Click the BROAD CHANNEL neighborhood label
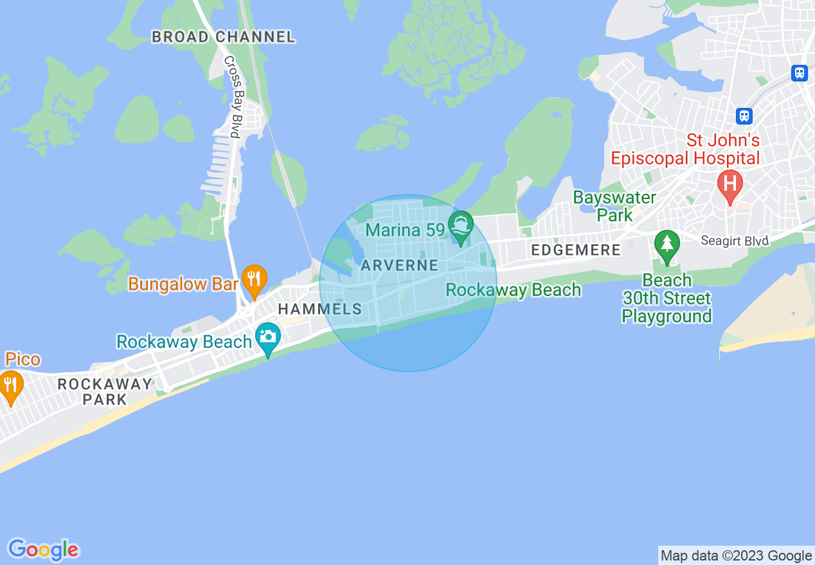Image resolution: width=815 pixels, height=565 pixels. (x=223, y=37)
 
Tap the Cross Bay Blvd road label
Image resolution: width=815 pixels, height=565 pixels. (x=231, y=97)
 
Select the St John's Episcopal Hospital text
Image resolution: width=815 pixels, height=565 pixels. (x=685, y=149)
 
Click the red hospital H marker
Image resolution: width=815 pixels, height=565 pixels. (x=730, y=183)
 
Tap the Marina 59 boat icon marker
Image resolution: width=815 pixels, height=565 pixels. (x=461, y=226)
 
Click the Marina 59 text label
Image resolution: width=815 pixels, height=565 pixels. (x=406, y=230)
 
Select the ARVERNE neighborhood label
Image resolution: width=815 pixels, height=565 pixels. (x=400, y=265)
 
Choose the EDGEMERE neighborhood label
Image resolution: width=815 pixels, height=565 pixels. (x=575, y=250)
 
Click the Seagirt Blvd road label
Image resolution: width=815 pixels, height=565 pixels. (x=734, y=240)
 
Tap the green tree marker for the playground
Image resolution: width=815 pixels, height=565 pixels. (x=667, y=245)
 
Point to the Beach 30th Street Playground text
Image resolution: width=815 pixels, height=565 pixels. (x=667, y=298)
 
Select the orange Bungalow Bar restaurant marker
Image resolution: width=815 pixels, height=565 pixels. (x=255, y=279)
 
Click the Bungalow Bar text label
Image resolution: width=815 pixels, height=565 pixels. (x=183, y=284)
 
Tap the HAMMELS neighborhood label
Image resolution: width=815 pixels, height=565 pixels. (x=320, y=309)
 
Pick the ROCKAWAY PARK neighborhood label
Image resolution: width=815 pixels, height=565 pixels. (x=105, y=392)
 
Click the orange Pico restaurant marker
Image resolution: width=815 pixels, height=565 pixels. (x=11, y=385)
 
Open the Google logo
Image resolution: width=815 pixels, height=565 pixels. (x=43, y=550)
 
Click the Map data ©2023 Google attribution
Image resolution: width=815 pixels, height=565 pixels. (x=736, y=556)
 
